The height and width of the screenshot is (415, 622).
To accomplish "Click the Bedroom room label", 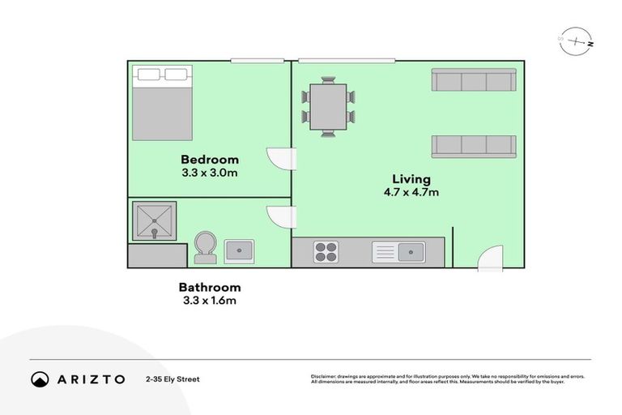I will click(210, 159).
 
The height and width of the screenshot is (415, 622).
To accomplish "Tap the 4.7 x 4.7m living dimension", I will click(411, 192).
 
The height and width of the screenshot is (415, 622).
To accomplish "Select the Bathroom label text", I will click(210, 287).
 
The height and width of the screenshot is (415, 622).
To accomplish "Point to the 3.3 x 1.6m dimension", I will click(210, 301).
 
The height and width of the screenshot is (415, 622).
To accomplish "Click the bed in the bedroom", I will click(163, 104).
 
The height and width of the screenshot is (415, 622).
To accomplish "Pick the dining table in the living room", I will click(328, 106).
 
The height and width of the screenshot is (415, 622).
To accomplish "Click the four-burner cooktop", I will click(326, 252).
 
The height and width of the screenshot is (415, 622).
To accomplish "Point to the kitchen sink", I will click(398, 252).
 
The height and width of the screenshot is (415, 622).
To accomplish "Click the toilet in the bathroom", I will click(205, 246).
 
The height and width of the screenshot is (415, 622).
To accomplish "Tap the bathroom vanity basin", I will click(239, 250).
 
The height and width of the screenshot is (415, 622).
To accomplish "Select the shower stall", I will click(154, 219).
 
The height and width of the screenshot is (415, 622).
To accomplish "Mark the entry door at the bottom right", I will click(490, 258).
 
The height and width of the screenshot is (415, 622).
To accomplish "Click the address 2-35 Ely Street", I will click(173, 379).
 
